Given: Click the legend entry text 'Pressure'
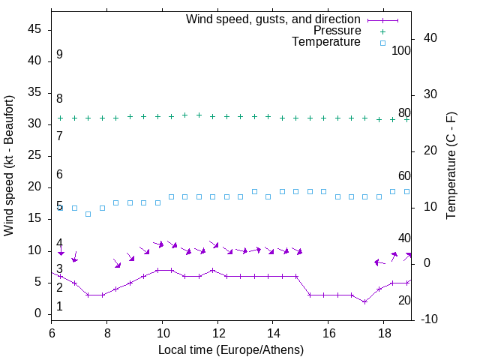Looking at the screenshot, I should (338, 31).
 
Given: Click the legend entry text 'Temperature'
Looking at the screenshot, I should (326, 42).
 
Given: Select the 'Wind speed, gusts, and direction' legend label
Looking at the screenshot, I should (274, 19).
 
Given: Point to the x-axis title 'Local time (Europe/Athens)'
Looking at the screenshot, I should (231, 349).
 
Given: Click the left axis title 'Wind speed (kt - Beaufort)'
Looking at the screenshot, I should (9, 165).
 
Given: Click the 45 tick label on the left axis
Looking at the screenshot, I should (34, 29).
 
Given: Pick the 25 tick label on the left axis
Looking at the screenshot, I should (34, 155).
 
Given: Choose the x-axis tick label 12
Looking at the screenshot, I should (217, 332).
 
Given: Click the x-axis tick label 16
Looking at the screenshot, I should (328, 332).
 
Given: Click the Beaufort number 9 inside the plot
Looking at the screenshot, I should (59, 55).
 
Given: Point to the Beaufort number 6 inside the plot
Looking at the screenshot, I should (59, 175).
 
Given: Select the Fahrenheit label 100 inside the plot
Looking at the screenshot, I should (401, 50).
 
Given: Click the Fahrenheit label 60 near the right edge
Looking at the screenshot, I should (404, 175).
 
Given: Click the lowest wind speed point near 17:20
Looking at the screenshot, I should (364, 301).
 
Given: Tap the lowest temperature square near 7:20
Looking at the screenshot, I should (88, 214).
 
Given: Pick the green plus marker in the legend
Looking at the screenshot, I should (382, 31).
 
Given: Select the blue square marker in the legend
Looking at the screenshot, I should (382, 43).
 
